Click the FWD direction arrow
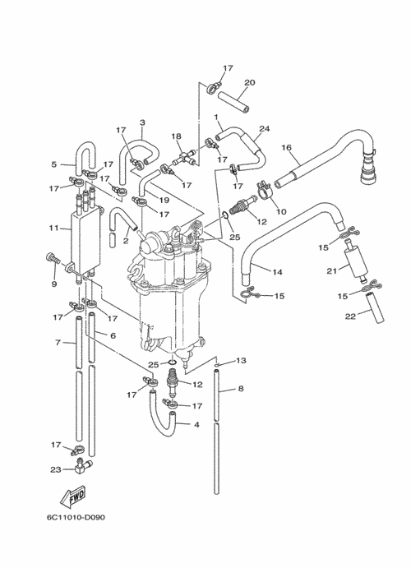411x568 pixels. click(x=73, y=496)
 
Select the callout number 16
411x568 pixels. click(x=286, y=147)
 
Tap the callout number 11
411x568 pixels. click(x=53, y=229)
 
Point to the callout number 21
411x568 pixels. click(x=332, y=270)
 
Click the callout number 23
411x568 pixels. click(x=56, y=470)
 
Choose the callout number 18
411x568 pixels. click(x=177, y=136)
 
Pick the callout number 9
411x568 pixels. click(x=54, y=284)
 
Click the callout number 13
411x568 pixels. click(x=241, y=360)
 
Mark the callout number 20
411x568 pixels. click(x=250, y=82)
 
